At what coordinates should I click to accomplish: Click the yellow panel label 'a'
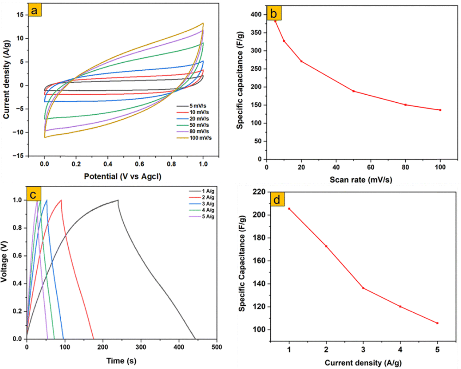point(34,11)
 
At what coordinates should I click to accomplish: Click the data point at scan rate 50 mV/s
point(354,91)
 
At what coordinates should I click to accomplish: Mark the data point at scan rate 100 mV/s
point(440,110)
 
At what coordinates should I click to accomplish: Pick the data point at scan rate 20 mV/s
point(301,61)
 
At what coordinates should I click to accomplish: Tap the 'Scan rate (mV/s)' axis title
point(361,180)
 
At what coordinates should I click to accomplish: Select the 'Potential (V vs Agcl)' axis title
point(123,176)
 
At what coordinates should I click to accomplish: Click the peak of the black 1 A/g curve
point(118,200)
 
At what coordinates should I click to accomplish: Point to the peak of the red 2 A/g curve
point(61,200)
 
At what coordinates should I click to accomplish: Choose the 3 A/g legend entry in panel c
point(208,204)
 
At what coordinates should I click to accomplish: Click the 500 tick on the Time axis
point(217,347)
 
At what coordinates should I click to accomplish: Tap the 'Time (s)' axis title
point(121,361)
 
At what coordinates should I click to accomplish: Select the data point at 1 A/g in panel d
point(289,209)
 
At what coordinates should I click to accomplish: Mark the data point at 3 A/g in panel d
point(363,288)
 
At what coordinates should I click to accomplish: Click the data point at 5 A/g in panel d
point(437,323)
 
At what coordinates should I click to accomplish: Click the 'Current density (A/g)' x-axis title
point(363,363)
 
